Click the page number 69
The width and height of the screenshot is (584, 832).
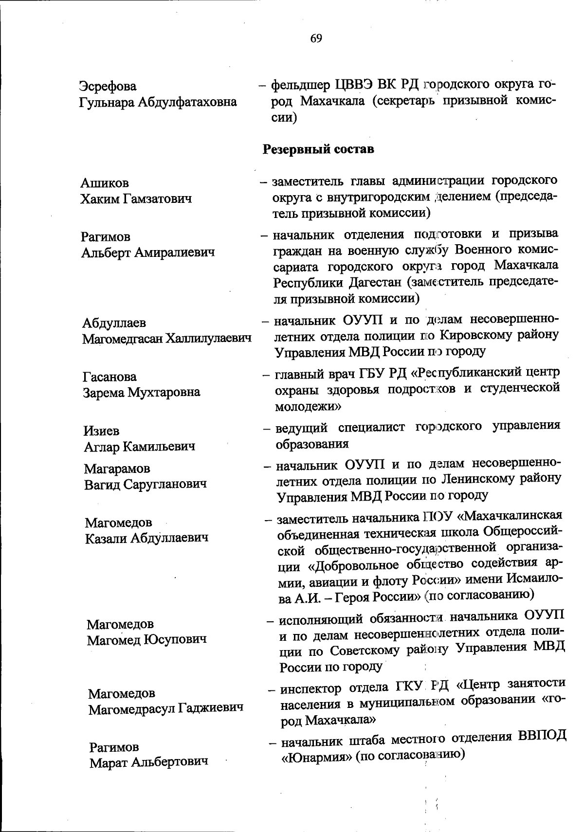click(x=316, y=38)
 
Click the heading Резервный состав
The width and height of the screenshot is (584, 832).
click(x=318, y=149)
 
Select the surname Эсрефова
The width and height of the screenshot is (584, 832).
click(x=108, y=86)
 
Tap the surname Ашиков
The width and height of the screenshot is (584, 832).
click(x=105, y=183)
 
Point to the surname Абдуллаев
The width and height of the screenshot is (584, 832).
click(x=114, y=323)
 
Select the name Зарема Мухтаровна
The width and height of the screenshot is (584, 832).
click(x=141, y=392)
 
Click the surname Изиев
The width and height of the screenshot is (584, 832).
click(x=101, y=431)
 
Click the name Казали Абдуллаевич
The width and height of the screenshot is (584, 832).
click(x=146, y=538)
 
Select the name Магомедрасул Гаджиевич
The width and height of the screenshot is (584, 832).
click(x=165, y=709)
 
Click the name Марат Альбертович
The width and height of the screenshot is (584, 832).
click(x=148, y=762)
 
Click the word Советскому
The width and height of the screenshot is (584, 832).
click(x=362, y=650)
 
